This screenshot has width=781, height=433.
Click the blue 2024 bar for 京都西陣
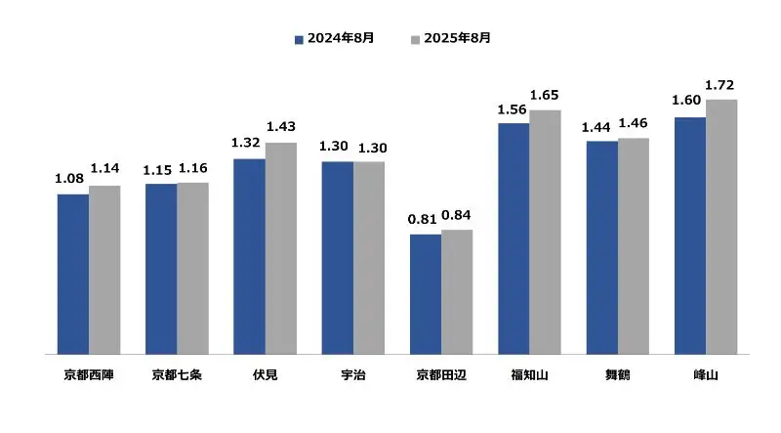click(73, 274)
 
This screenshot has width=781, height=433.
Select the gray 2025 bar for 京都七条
click(192, 268)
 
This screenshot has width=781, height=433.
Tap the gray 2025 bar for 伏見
click(280, 248)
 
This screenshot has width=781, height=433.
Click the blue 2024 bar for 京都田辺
click(426, 294)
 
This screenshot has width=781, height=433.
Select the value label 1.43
click(280, 127)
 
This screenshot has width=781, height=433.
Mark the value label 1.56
click(514, 110)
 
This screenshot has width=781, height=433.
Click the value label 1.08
click(71, 179)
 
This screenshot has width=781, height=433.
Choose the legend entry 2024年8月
click(335, 38)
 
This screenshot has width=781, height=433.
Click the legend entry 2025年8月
click(452, 38)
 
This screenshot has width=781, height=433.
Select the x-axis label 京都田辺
click(441, 374)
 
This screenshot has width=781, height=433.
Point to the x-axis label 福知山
click(529, 374)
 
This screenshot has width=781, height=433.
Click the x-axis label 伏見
click(265, 374)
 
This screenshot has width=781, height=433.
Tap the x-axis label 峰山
click(706, 374)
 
